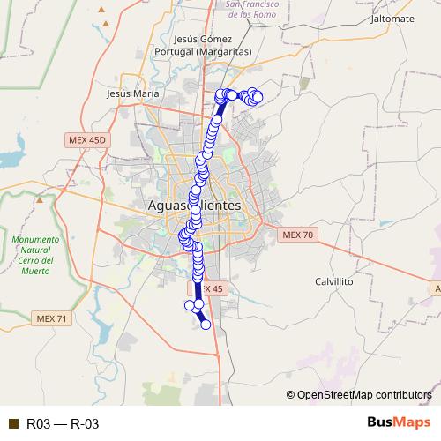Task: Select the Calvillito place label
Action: coord(334,280)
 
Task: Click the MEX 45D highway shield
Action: coord(86,140)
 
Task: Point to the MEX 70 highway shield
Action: coord(296,235)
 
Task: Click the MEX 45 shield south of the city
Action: coord(208,288)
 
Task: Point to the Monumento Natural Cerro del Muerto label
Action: coord(35,256)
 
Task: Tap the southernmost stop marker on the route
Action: coord(206,325)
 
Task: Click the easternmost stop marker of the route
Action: coord(258,97)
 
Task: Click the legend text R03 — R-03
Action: coord(62,424)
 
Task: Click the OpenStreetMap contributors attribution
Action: coord(364,394)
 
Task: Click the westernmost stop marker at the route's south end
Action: coord(188,305)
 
